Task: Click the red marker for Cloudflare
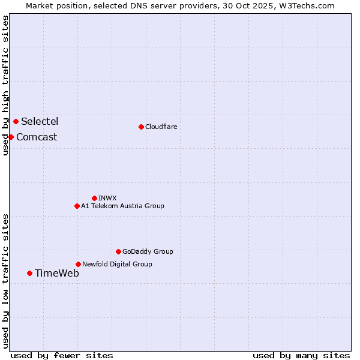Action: pos(141,127)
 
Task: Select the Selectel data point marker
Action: pos(16,121)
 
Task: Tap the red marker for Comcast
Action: pos(11,137)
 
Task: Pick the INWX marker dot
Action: pos(94,198)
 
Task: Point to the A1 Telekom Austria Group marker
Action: pos(77,206)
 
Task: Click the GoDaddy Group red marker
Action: pos(118,251)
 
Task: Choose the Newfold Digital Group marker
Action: pos(78,264)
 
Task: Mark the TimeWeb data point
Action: pos(29,273)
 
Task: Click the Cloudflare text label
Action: pos(161,127)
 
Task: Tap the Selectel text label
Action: pos(40,121)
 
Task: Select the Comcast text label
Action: pos(37,137)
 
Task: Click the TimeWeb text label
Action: pos(56,273)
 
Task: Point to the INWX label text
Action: pos(107,198)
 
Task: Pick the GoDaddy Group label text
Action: pos(148,251)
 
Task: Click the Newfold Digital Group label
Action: pos(117,264)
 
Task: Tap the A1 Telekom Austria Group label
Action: pos(122,206)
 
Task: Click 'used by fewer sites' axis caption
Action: pos(62,355)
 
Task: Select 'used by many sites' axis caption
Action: pos(301,355)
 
